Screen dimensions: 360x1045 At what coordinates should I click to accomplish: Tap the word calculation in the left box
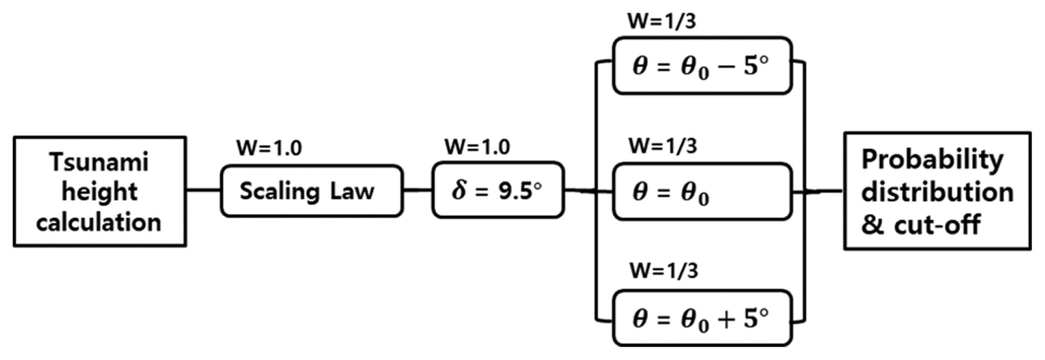pos(99,223)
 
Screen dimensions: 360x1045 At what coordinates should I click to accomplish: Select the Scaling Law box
pos(311,191)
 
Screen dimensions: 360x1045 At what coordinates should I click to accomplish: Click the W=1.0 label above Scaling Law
pos(269,148)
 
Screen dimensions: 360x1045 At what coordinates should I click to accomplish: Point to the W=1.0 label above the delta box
pos(477,147)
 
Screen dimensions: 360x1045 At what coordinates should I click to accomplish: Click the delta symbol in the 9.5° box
pos(459,190)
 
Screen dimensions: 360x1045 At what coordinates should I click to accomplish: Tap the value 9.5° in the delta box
pos(520,190)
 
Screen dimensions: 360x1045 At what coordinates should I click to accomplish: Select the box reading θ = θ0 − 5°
pos(702,66)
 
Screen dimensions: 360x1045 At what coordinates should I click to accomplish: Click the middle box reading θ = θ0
pos(702,192)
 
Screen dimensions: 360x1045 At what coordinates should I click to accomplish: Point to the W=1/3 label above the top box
pos(662,21)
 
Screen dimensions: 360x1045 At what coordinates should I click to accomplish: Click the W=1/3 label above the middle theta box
pos(663,146)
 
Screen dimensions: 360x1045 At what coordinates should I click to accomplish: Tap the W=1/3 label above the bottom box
pos(664,271)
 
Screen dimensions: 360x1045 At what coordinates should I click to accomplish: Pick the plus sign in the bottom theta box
pos(726,320)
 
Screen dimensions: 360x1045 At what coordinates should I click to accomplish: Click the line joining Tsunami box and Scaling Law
pos(204,190)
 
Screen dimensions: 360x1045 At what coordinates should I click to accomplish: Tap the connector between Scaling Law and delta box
pos(417,190)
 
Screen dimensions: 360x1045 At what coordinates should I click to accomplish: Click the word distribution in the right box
pos(937,192)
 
